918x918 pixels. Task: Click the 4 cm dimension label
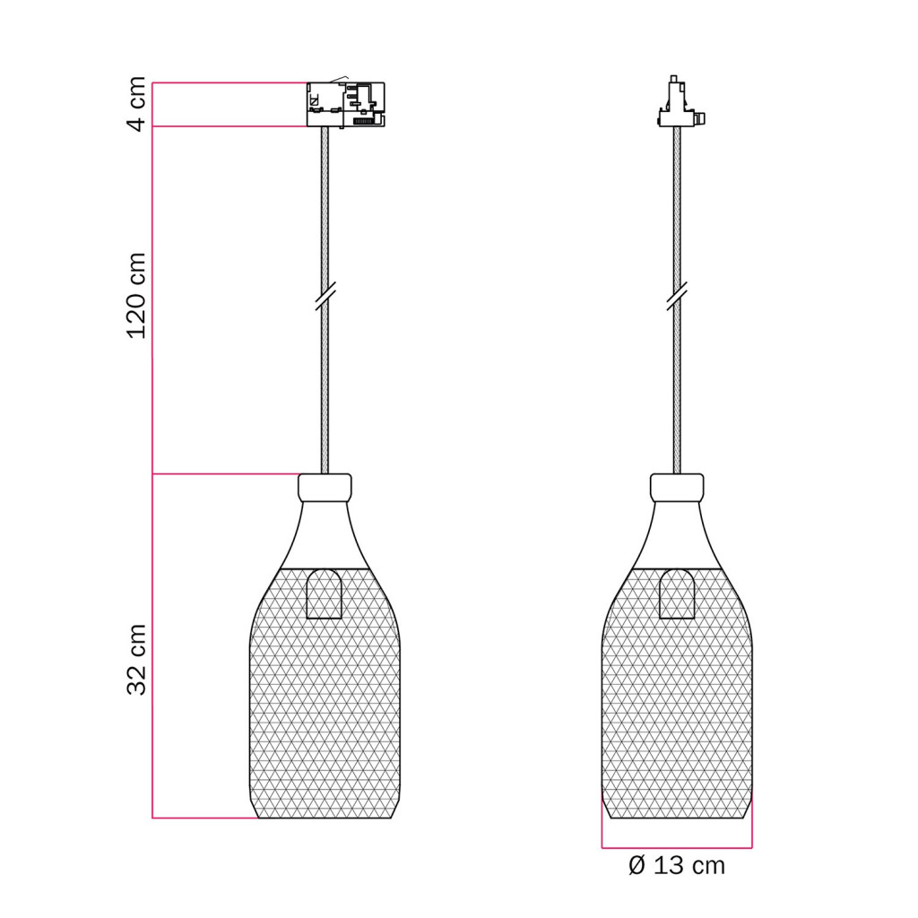[x=137, y=104]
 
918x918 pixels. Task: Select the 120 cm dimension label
[x=137, y=296]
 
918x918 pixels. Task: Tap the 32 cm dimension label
[x=137, y=659]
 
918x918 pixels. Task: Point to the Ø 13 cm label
[x=677, y=865]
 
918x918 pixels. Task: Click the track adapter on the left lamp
[x=346, y=104]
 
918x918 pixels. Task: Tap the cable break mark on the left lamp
[x=325, y=296]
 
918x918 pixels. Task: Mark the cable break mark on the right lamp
[x=677, y=296]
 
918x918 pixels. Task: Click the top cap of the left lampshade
[x=325, y=487]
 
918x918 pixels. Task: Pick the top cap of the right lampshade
[x=677, y=487]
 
